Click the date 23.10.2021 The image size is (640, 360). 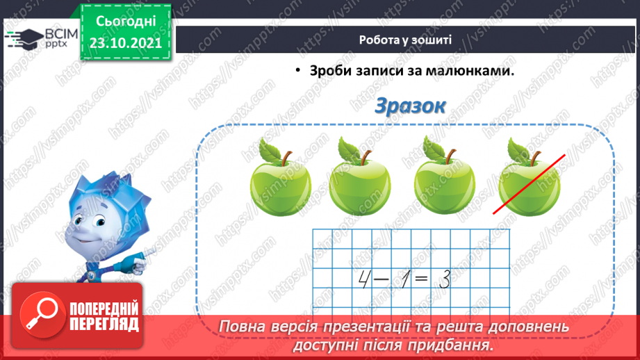click(126, 42)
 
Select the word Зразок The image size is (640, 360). click(409, 106)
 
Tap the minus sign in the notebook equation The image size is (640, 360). click(381, 280)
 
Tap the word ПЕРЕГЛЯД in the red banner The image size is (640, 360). click(104, 324)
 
